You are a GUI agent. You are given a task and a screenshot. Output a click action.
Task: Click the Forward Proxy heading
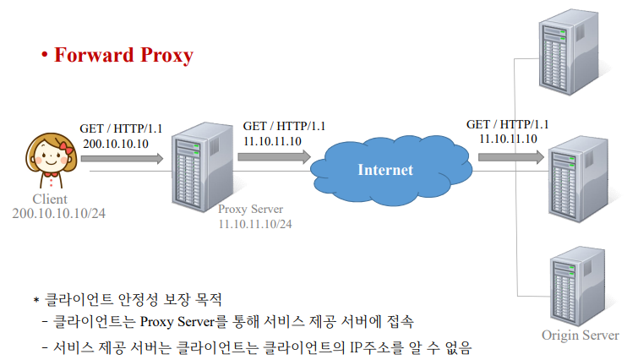pyautogui.click(x=123, y=56)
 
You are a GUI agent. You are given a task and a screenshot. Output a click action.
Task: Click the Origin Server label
pyautogui.click(x=580, y=335)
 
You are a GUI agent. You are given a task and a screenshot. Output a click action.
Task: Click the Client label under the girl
pyautogui.click(x=49, y=199)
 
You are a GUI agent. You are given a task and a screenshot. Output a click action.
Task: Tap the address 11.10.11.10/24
pyautogui.click(x=255, y=224)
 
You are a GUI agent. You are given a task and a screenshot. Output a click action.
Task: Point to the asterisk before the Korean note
pyautogui.click(x=36, y=301)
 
